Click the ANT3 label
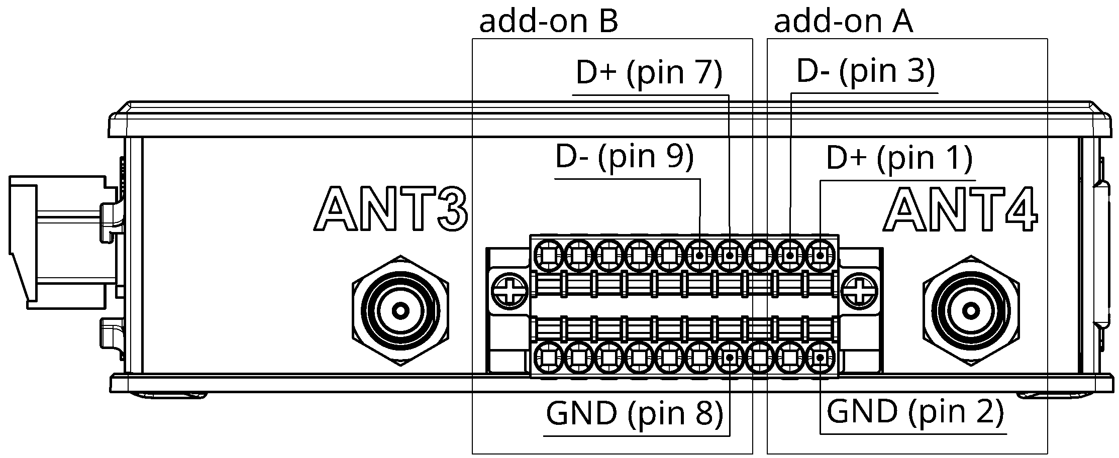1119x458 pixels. coord(391,208)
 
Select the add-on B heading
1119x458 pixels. coord(548,22)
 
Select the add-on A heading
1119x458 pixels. coord(843,22)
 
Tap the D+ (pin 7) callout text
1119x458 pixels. coord(649,73)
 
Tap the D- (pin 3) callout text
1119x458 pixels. coord(865,71)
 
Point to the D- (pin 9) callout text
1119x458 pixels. coord(624,157)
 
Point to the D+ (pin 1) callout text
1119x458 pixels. coord(899,158)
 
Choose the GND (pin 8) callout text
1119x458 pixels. coord(634,414)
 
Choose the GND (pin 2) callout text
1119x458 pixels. coord(914,412)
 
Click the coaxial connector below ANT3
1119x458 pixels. coord(400,311)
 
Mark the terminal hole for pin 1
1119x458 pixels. coord(820,256)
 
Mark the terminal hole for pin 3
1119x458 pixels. coord(790,256)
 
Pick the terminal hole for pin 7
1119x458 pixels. coord(730,256)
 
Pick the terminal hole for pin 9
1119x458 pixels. coord(699,256)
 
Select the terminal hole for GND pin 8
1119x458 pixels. coord(730,358)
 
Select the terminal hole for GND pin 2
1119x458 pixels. coord(820,358)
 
